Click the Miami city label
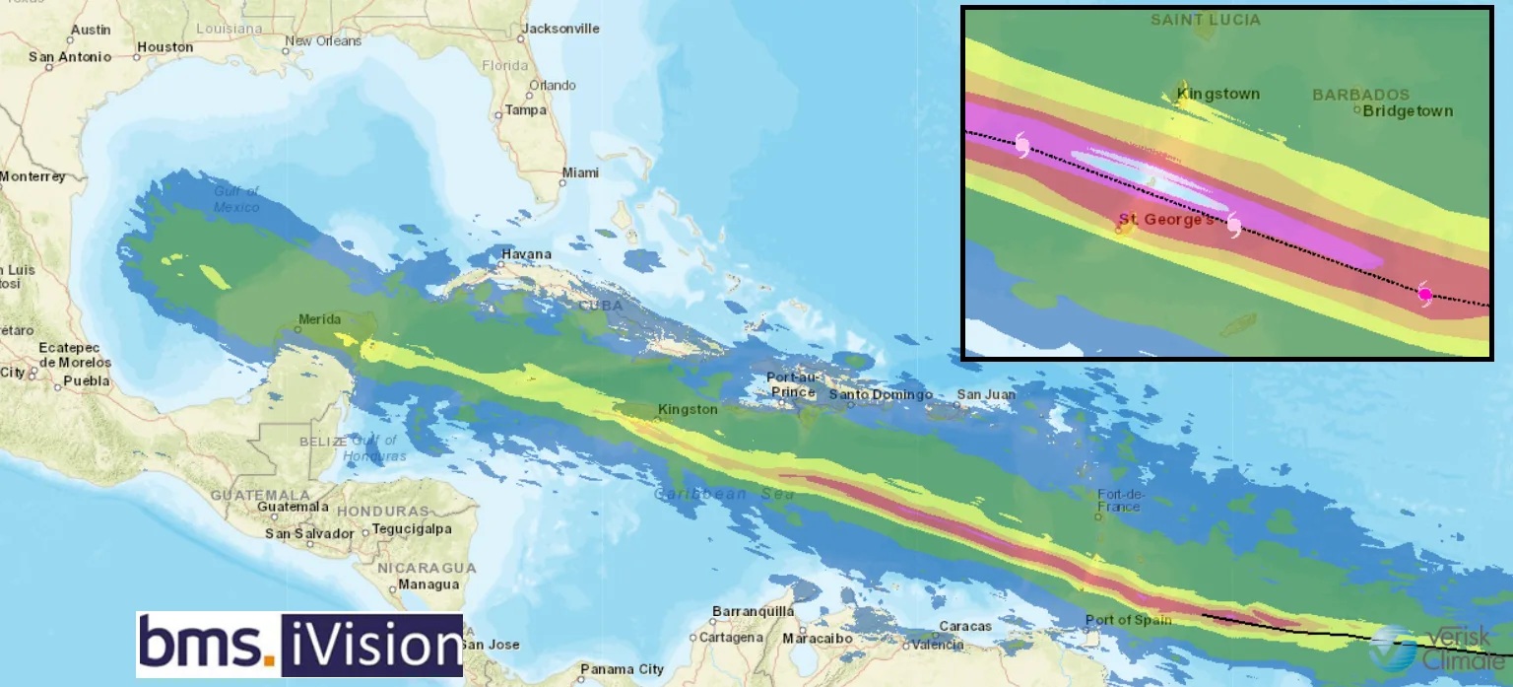coord(579,172)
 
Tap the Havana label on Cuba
coord(526,254)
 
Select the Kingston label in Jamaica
coord(688,409)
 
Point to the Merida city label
coord(319,319)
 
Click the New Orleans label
coord(322,41)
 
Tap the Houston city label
coord(164,47)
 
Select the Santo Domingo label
coord(880,395)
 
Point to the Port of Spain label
coord(1128,620)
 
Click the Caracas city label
coord(964,626)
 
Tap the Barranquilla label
coord(753,611)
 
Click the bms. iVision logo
coord(299,645)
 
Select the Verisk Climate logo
coord(1439,648)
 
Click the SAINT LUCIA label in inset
coord(1205,20)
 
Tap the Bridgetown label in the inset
coord(1408,111)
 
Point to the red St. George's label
coord(1165,219)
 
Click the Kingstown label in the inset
coord(1218,95)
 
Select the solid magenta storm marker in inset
coord(1424,294)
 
